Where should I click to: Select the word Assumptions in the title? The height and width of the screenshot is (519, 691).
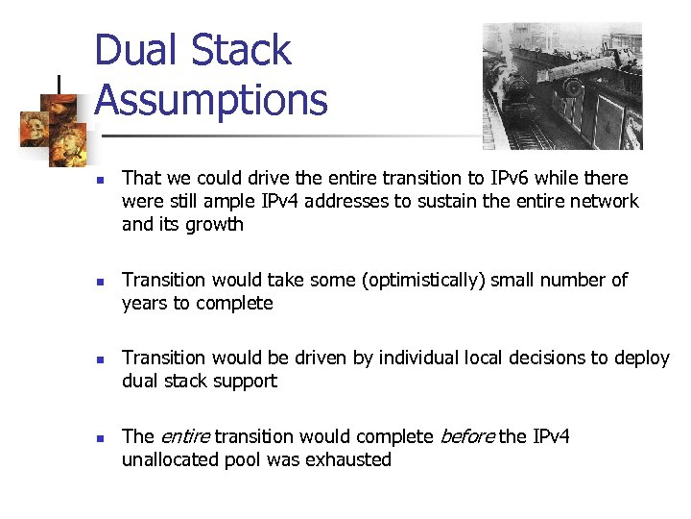tap(211, 100)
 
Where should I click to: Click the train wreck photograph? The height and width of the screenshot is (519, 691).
tap(561, 86)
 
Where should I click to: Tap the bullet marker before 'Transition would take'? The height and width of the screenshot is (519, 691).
tap(100, 282)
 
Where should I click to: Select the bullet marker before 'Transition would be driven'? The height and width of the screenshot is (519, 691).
tap(100, 359)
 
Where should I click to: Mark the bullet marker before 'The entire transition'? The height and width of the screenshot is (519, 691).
tap(100, 438)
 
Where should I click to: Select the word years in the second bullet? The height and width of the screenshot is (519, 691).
tap(143, 304)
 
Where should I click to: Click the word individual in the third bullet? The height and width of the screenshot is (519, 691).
tap(420, 358)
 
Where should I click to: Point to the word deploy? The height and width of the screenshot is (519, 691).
tap(640, 358)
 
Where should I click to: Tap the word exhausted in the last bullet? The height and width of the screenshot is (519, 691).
tap(348, 459)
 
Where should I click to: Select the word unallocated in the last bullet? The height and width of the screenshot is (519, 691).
tap(172, 459)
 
